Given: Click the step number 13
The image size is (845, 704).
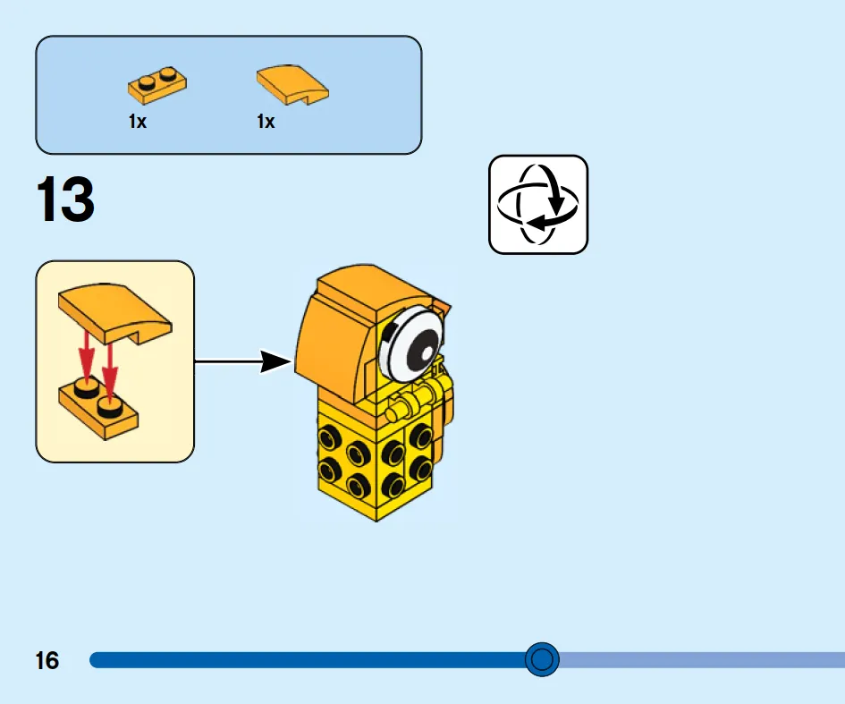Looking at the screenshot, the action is pos(65,199).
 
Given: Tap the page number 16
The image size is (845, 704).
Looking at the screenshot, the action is pos(46,660).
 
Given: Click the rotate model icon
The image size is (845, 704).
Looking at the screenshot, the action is pos(537,204).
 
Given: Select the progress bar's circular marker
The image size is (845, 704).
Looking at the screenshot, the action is pos(542,659).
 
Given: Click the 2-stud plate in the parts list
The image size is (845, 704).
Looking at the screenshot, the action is pos(157,85).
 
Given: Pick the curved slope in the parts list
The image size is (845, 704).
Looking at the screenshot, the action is pos(292,85).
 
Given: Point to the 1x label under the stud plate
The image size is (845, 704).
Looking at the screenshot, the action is pos(138,122).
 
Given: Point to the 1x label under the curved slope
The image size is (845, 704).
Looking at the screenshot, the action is pos(266,122).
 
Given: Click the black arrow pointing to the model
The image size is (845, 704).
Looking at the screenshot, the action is pos(243,361).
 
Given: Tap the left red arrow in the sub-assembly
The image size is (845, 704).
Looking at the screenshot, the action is pos(86,356).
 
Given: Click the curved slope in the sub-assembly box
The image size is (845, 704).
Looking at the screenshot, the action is pos(114,314).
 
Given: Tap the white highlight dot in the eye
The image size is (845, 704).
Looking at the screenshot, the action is pos(427,354).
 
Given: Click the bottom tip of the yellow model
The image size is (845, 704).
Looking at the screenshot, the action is pos(376,522).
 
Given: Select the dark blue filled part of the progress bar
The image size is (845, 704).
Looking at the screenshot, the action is pos(308,660).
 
